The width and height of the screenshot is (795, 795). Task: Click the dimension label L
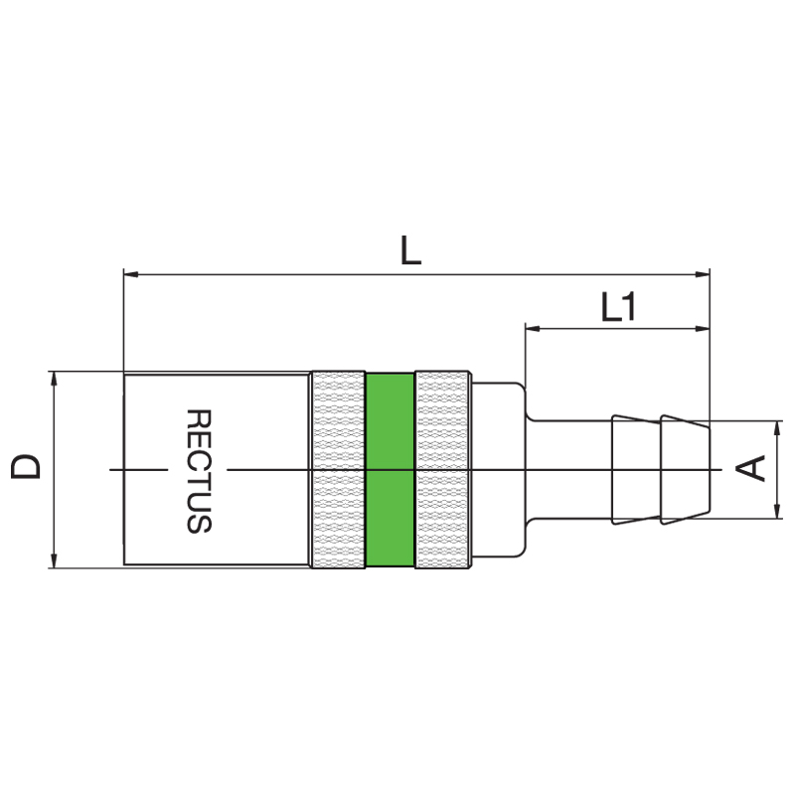410,250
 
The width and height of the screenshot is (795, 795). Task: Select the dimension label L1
617,307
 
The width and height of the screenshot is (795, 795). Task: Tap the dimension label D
27,466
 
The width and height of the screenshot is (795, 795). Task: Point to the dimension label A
751,468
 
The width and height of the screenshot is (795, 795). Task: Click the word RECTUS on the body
199,471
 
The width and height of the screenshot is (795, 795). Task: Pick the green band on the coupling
390,469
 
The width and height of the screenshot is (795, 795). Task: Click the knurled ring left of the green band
338,469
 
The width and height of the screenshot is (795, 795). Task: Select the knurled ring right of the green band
442,469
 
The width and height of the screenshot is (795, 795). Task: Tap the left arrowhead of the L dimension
131,274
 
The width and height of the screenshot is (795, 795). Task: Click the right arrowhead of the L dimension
703,274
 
